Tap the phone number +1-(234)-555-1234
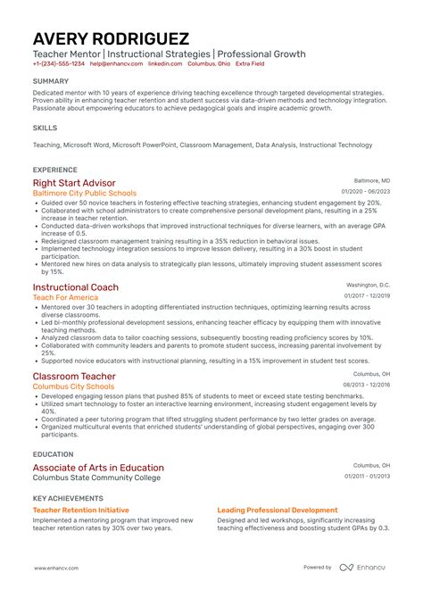(x=59, y=64)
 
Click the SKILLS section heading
(x=45, y=129)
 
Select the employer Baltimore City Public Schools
(x=85, y=193)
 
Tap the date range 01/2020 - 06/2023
(x=366, y=192)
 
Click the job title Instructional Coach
(x=76, y=287)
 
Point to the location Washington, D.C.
(x=369, y=286)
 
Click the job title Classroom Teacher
(x=74, y=377)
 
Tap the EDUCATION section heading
(x=53, y=454)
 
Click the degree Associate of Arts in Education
(x=98, y=468)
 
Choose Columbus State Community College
(x=96, y=478)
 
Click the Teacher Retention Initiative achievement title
(x=77, y=511)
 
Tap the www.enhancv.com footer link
(x=59, y=568)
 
